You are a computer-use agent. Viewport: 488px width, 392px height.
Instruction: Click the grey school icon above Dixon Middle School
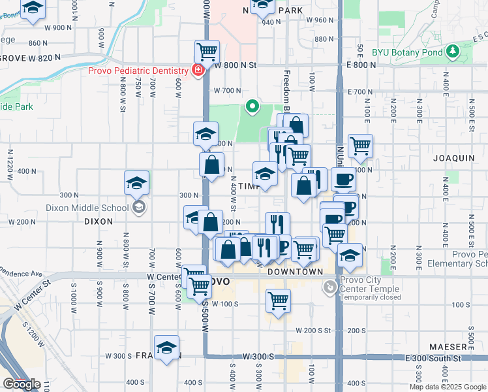point(138,208)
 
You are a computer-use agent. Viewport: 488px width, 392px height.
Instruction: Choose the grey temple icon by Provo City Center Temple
point(331,286)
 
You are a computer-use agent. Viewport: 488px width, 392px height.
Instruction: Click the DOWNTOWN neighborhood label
point(295,271)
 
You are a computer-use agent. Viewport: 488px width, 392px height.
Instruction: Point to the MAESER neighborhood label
point(448,346)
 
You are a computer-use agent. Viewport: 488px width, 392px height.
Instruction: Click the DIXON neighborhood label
point(99,221)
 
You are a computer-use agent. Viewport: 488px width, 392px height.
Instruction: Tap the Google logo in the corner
point(22,384)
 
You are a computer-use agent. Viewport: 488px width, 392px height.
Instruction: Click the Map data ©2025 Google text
point(448,387)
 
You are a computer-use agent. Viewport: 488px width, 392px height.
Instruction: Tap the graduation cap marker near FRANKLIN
point(167,347)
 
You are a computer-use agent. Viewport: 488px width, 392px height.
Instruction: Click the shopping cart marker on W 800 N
point(207,51)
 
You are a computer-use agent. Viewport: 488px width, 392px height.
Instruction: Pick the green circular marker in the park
point(252,105)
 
